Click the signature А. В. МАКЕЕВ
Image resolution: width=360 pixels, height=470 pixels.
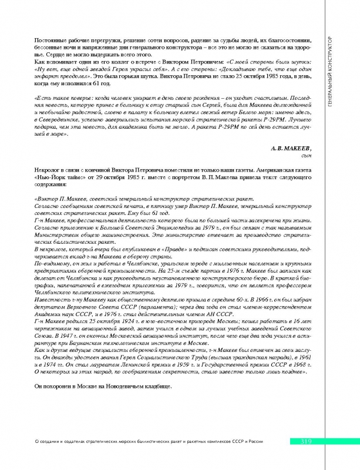coord(287,149)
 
